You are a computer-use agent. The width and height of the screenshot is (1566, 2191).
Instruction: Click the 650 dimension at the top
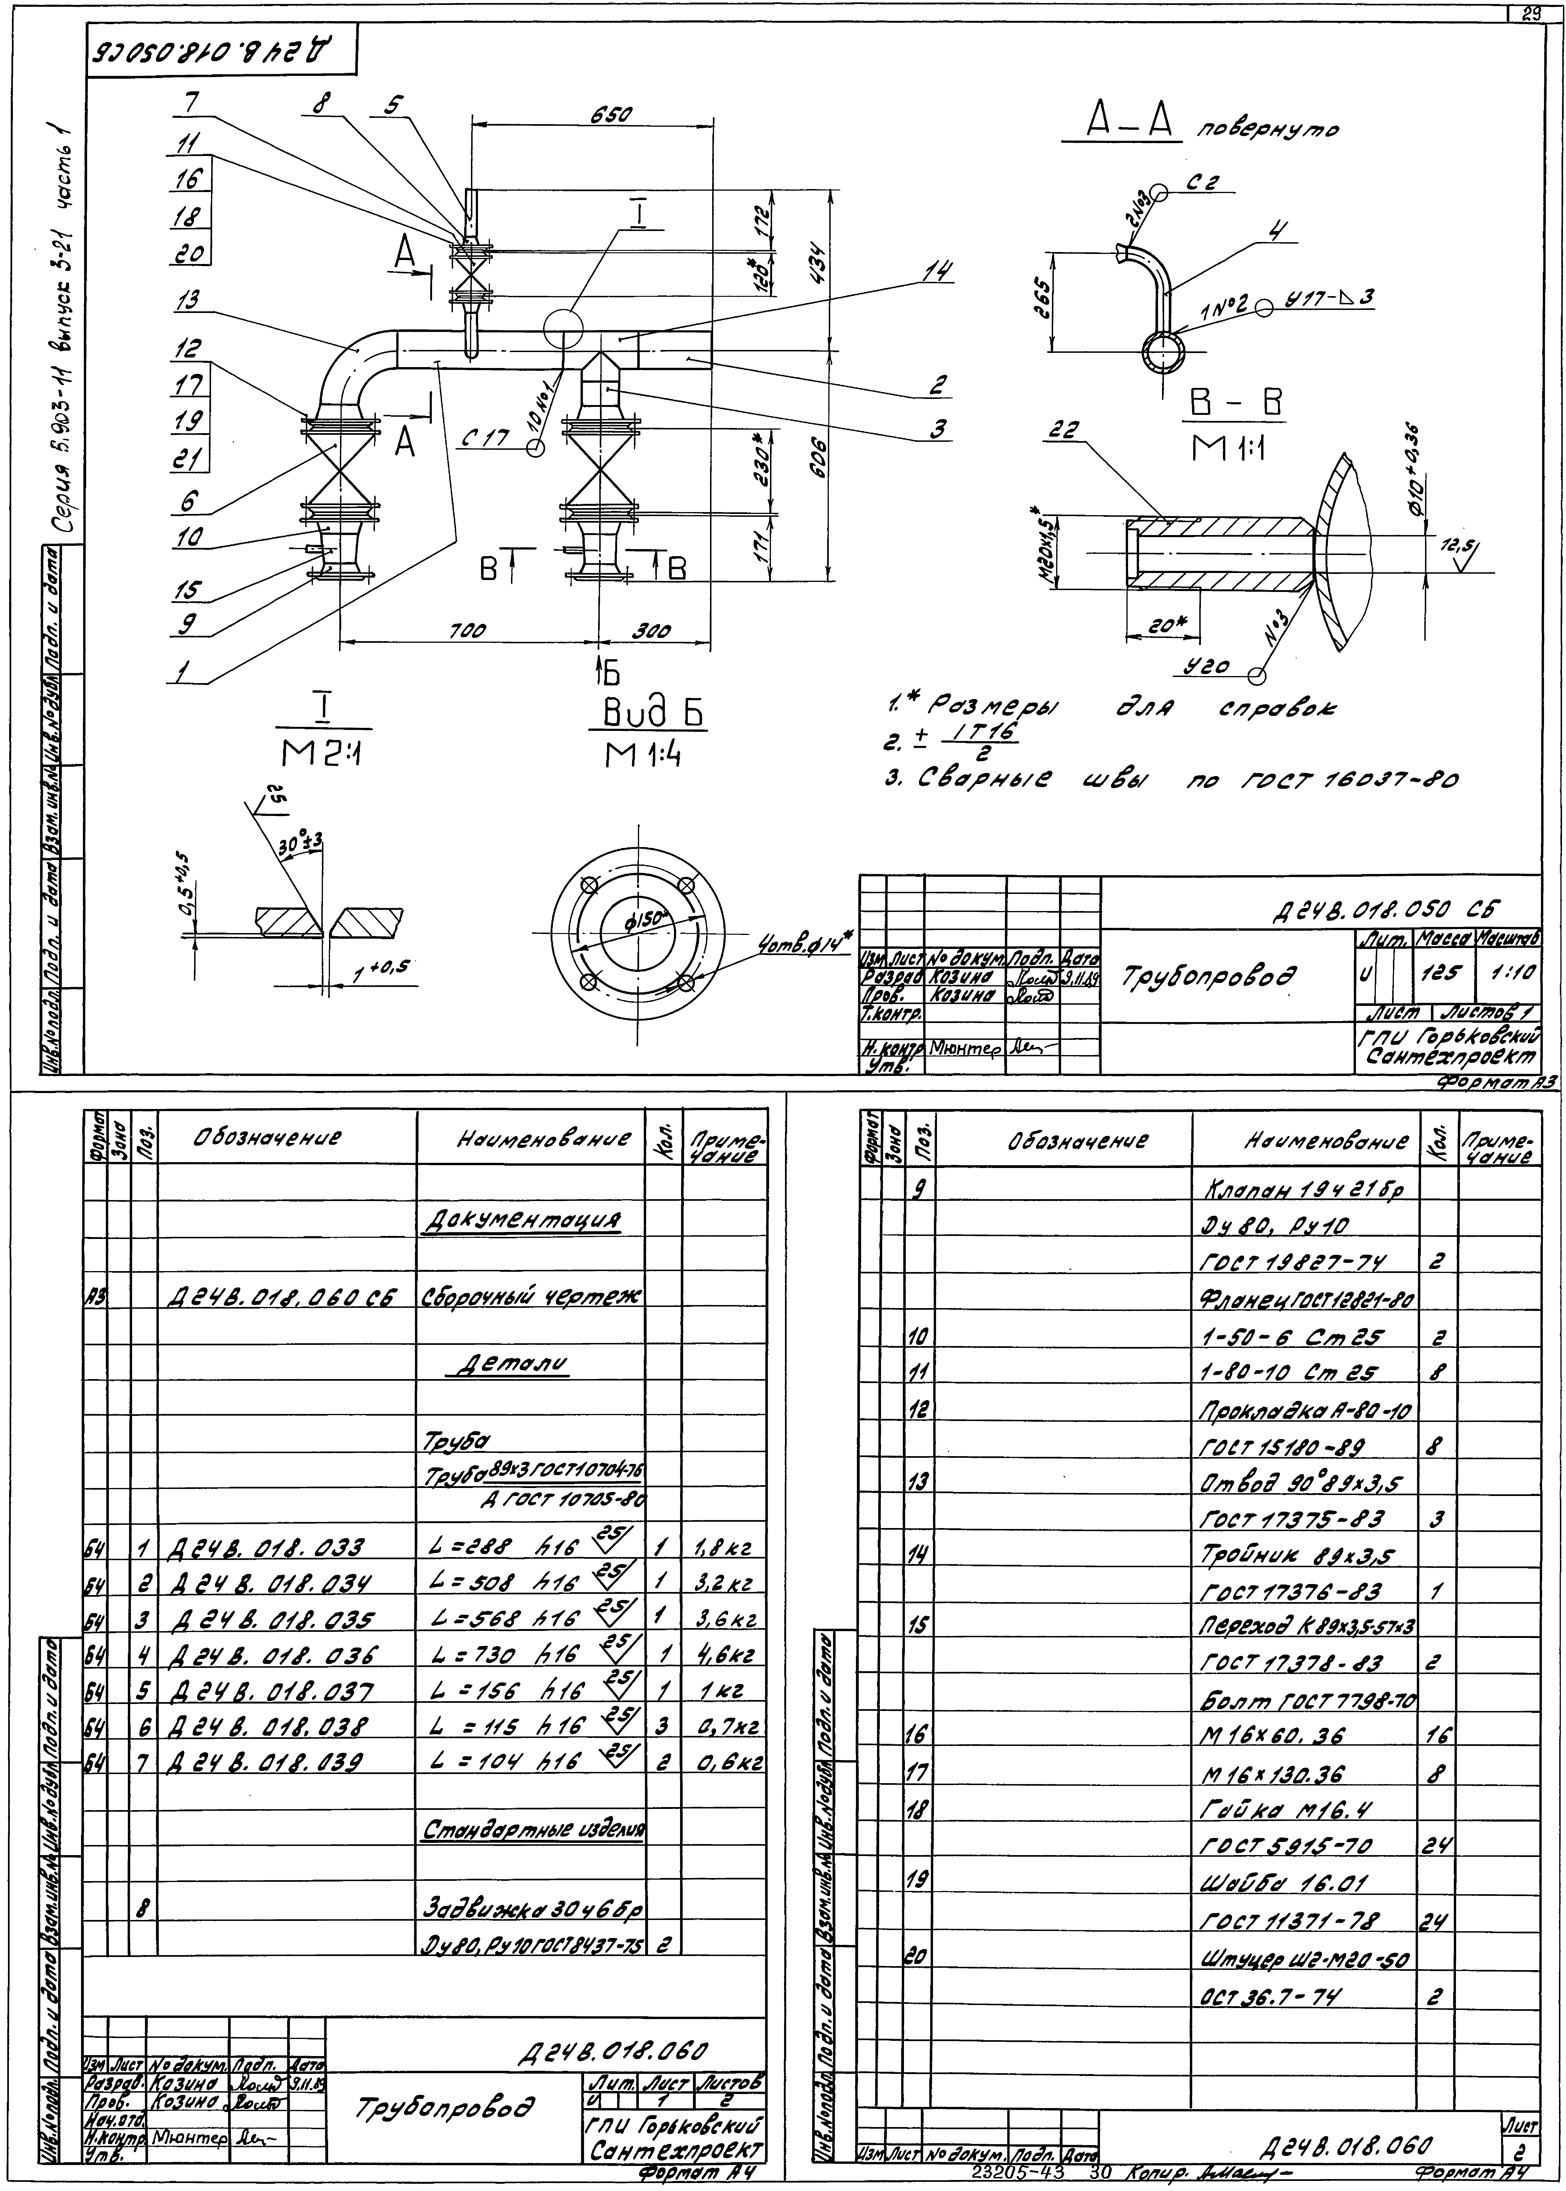click(x=611, y=115)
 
